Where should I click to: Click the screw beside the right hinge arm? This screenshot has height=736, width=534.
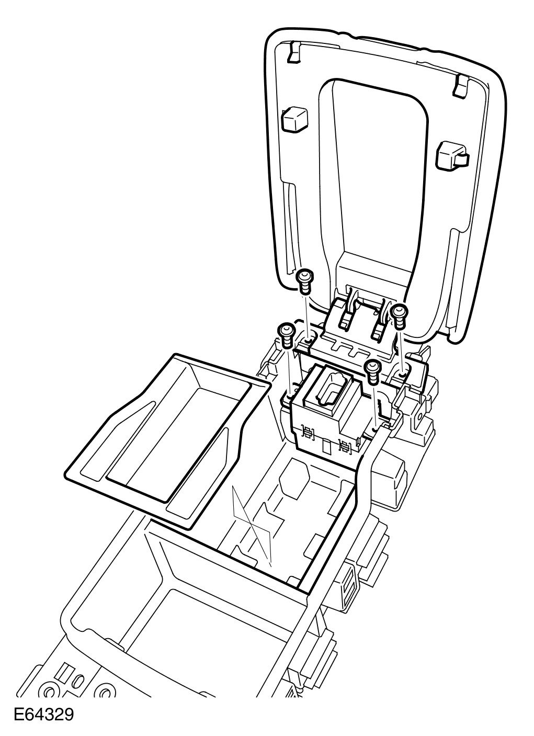(399, 316)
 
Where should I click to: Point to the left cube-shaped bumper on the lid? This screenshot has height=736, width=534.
(294, 119)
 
